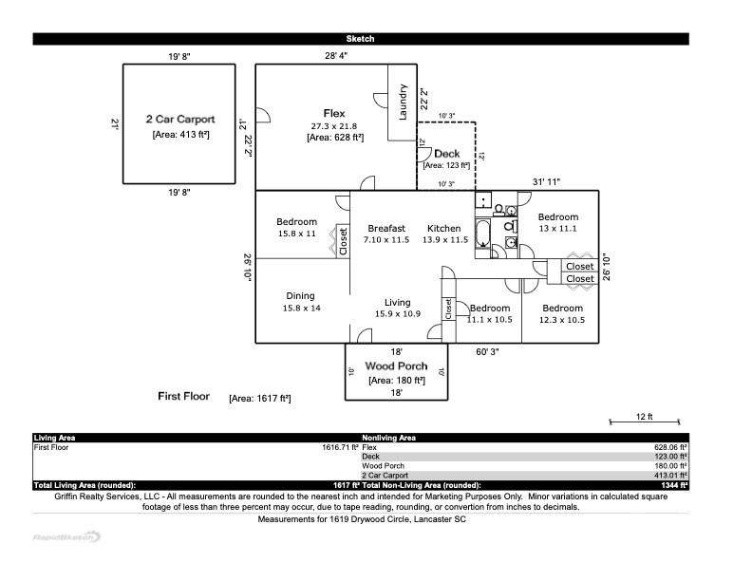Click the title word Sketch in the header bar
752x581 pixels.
pyautogui.click(x=360, y=39)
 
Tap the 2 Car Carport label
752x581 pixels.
pyautogui.click(x=179, y=120)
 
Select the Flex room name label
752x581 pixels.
pyautogui.click(x=334, y=114)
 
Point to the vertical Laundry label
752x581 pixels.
pyautogui.click(x=404, y=103)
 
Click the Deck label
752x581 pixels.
pyautogui.click(x=446, y=154)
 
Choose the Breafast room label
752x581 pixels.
pyautogui.click(x=386, y=228)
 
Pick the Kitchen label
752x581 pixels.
pyautogui.click(x=443, y=228)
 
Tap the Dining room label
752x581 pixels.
pyautogui.click(x=300, y=296)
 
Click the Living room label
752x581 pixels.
pyautogui.click(x=397, y=303)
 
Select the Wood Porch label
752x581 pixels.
pyautogui.click(x=396, y=366)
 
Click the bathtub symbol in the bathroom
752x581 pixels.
pyautogui.click(x=483, y=234)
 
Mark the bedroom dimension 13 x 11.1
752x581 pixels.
pyautogui.click(x=557, y=229)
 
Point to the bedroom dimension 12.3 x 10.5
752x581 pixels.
pyautogui.click(x=563, y=320)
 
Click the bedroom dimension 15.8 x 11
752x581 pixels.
pyautogui.click(x=296, y=234)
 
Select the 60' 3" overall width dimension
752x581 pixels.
pyautogui.click(x=487, y=352)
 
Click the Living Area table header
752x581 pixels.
pyautogui.click(x=55, y=438)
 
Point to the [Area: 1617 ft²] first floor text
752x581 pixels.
pyautogui.click(x=259, y=399)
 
